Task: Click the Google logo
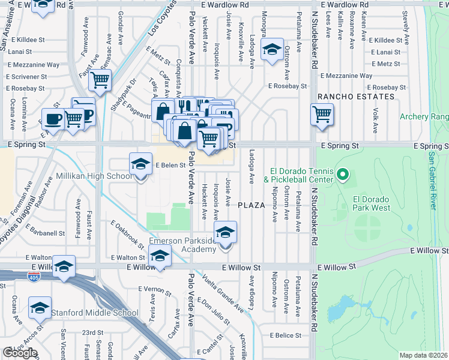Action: click(x=20, y=353)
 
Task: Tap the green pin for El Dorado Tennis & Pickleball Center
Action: click(x=342, y=175)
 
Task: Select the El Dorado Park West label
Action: click(x=372, y=203)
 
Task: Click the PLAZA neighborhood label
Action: click(x=252, y=205)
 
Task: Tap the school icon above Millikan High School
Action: click(x=140, y=164)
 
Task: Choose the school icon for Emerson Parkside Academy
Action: click(x=226, y=233)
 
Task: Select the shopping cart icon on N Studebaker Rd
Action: click(x=322, y=113)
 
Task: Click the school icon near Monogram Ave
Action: click(x=273, y=50)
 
